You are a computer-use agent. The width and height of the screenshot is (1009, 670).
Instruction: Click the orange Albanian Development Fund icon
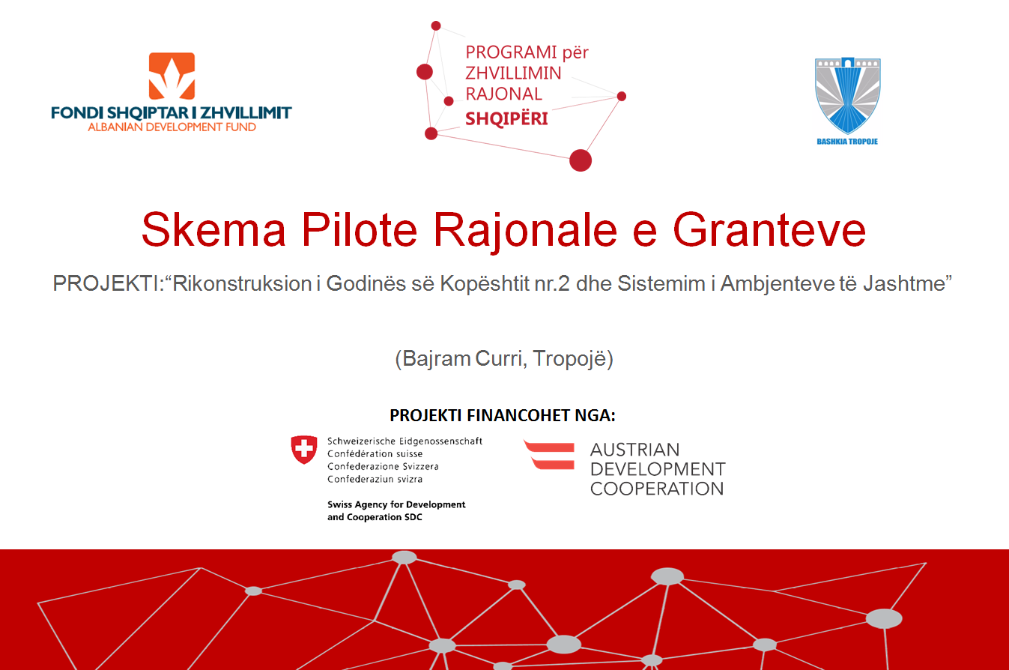point(172,76)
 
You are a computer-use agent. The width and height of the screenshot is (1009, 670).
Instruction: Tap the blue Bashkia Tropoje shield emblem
point(848,95)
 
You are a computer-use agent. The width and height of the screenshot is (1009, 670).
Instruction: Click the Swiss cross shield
point(304,449)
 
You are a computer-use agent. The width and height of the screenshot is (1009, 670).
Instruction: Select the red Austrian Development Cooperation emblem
point(549,456)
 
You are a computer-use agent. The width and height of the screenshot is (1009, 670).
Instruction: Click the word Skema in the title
point(214,230)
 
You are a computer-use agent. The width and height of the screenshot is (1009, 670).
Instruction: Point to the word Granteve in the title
point(769,230)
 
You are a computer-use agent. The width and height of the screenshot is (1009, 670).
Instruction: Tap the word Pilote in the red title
point(360,230)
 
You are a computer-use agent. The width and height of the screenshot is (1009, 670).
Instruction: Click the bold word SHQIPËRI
point(506,119)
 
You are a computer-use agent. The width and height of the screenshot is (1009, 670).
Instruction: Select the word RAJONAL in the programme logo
point(503,94)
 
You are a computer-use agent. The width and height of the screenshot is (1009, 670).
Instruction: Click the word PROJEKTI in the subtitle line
point(106,284)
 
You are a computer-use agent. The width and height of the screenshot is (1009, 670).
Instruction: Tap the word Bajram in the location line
point(436,359)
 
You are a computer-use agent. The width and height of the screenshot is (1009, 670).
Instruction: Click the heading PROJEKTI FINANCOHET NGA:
point(502,415)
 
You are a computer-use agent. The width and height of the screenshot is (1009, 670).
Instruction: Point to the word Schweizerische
point(361,441)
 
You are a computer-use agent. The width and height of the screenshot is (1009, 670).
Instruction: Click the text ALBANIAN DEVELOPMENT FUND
point(172,127)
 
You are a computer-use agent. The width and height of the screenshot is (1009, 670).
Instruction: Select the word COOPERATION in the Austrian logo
point(657,489)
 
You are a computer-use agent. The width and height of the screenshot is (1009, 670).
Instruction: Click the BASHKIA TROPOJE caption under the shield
point(847,142)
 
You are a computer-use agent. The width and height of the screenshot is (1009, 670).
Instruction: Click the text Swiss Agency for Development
point(396,504)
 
